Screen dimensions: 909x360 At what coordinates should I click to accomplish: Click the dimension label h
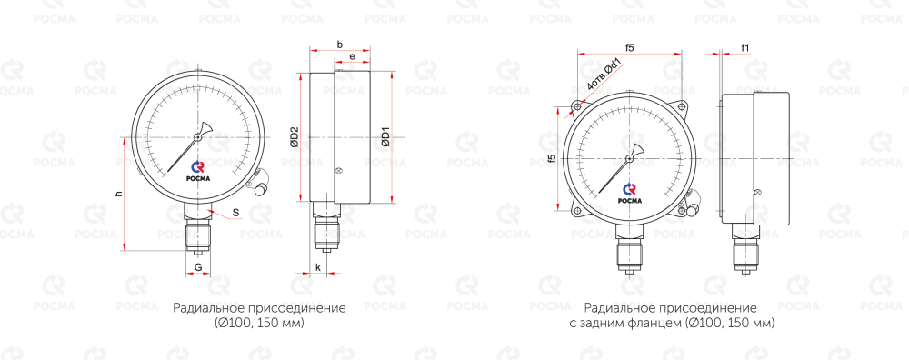tap(118, 195)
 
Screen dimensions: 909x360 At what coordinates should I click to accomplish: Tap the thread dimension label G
tap(198, 267)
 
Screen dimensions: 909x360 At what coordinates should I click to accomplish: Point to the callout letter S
tap(236, 213)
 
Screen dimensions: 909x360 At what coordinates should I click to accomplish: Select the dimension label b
tap(340, 44)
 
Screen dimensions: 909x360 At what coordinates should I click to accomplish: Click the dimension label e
tap(352, 56)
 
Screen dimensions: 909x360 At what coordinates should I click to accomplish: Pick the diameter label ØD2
tap(294, 136)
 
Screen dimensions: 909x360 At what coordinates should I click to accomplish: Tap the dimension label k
tap(319, 267)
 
